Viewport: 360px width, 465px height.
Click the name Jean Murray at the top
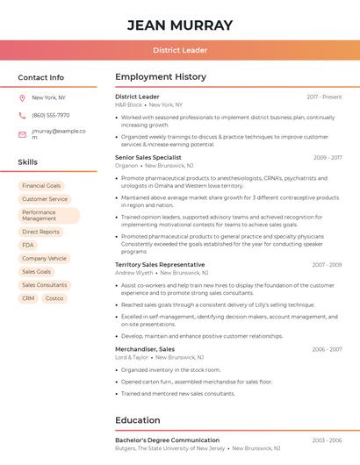pos(180,25)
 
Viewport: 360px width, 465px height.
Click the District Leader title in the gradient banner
pos(180,51)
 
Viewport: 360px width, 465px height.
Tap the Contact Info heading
pos(41,77)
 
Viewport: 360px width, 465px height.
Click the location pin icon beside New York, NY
pos(22,98)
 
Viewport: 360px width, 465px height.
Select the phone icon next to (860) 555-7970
pos(22,116)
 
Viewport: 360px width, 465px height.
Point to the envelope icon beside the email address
pos(22,134)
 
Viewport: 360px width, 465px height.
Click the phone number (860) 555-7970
pos(51,116)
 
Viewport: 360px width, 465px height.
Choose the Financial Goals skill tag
pos(41,186)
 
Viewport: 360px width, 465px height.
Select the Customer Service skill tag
pos(45,199)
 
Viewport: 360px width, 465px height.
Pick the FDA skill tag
pos(28,245)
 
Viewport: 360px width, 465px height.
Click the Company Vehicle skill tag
pos(44,259)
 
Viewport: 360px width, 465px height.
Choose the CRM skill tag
pos(28,298)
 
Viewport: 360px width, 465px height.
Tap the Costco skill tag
pos(54,298)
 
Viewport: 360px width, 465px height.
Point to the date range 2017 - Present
pos(324,97)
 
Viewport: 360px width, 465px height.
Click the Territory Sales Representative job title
pos(160,264)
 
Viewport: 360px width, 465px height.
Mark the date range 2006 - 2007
pos(327,349)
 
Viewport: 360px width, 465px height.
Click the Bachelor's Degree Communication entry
pos(167,440)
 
